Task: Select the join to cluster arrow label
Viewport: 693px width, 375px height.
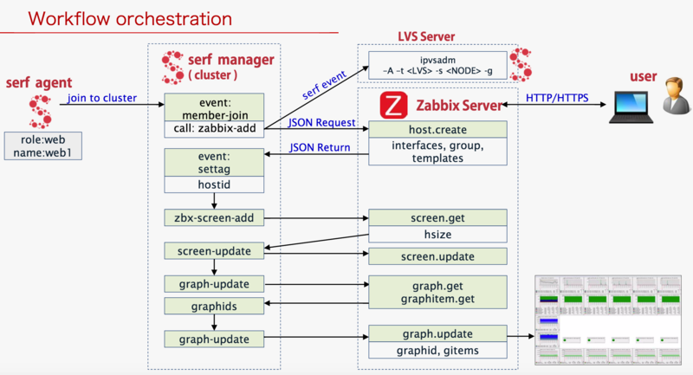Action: (102, 98)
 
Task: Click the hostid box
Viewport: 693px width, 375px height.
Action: (214, 184)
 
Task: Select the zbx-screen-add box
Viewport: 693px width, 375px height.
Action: (214, 217)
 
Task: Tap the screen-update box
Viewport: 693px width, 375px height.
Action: (214, 251)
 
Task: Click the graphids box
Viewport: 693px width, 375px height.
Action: (214, 306)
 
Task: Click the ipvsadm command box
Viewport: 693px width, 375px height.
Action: (437, 65)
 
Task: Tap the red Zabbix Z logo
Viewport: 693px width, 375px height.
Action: (393, 107)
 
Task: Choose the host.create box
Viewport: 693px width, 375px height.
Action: (437, 128)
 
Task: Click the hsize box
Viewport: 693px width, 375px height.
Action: (437, 235)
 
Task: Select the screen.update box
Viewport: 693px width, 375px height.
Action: (437, 256)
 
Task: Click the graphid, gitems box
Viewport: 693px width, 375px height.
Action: (437, 350)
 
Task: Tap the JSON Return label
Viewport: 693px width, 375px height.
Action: (321, 148)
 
